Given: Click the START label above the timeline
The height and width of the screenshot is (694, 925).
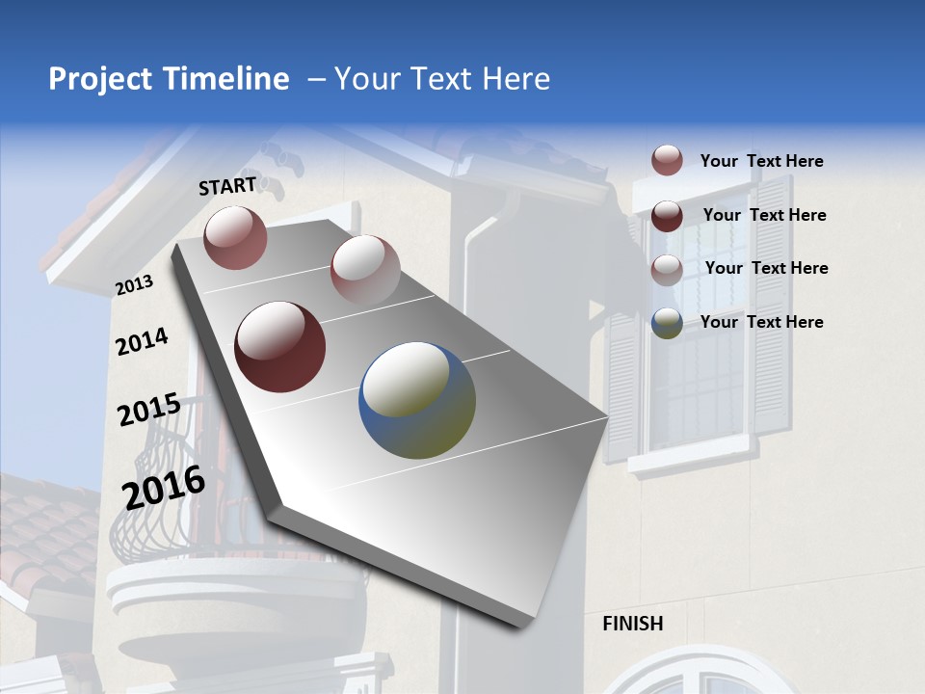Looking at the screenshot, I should [x=227, y=186].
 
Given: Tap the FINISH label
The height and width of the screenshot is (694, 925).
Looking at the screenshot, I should [x=633, y=624].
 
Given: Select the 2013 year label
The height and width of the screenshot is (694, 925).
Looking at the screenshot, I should [x=134, y=285].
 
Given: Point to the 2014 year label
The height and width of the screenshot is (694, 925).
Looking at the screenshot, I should [x=142, y=341].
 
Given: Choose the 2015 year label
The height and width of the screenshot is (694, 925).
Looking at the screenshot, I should [x=148, y=410].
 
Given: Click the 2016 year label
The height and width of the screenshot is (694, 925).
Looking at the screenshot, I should [x=164, y=488].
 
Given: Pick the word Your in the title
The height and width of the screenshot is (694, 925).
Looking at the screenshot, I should [x=366, y=79].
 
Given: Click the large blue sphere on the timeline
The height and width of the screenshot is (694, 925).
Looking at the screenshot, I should [x=417, y=400].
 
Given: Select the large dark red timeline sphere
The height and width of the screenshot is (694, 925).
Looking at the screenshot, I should [x=279, y=347].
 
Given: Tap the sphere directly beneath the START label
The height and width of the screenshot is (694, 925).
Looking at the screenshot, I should [x=235, y=237].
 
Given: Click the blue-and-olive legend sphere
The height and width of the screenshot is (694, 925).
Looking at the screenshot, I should [x=667, y=323].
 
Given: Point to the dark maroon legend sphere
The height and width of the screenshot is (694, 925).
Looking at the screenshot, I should [x=667, y=216].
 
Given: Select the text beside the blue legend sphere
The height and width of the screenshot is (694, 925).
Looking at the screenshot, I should [x=761, y=322].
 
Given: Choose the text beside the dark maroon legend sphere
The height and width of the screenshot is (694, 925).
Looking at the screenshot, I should [x=764, y=215].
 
